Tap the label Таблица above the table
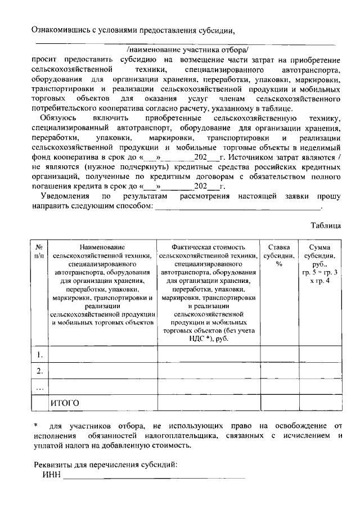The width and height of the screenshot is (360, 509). (x=326, y=226)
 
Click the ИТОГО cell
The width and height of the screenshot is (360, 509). (x=65, y=403)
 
